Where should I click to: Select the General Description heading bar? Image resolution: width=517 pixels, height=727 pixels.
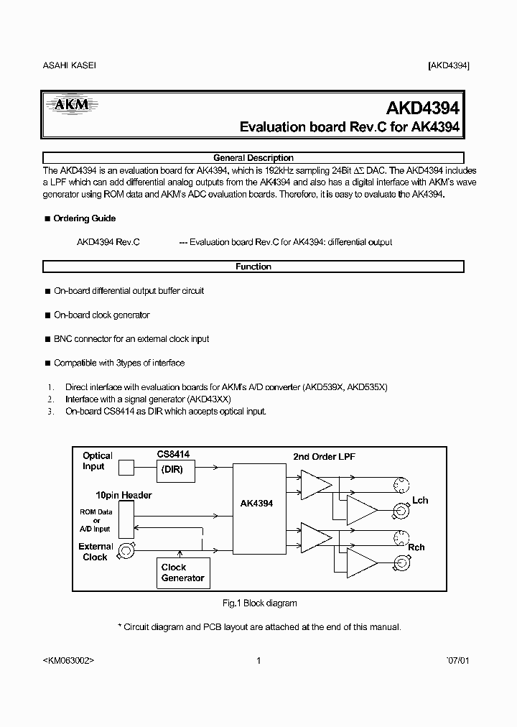point(253,158)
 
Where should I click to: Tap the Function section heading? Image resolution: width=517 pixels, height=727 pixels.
point(253,267)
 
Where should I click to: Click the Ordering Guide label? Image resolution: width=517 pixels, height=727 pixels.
point(84,218)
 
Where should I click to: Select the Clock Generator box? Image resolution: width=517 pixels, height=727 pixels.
point(182,573)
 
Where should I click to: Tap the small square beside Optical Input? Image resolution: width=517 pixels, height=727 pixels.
point(126,468)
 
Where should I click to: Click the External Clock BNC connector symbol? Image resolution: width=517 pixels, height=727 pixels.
point(126,551)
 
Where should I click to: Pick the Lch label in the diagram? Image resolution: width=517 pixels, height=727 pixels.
point(420,500)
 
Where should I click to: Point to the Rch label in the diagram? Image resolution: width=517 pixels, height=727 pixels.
point(416,547)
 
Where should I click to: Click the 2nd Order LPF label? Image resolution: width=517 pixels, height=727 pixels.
point(324,457)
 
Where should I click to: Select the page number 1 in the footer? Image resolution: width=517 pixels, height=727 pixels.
point(258,661)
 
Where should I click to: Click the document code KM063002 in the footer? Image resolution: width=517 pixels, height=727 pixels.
point(69,661)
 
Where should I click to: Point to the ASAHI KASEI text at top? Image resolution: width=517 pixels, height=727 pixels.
point(70,65)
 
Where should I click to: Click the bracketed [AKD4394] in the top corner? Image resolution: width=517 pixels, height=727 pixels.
point(449,65)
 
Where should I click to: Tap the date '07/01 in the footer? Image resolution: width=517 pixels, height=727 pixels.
point(457,661)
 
